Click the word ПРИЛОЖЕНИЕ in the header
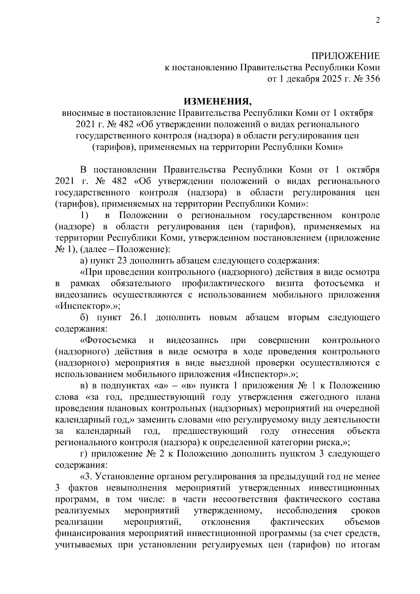point(345,56)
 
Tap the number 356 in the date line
point(372,79)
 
